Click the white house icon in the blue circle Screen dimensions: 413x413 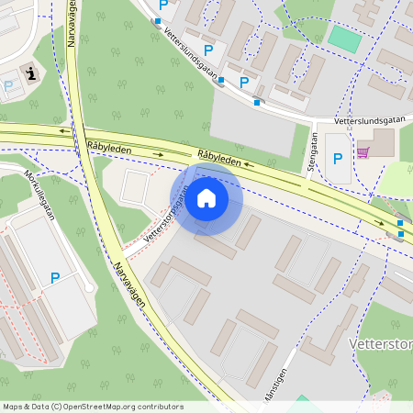coord(206,198)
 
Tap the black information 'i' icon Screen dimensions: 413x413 coord(31,73)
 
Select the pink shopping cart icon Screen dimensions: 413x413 coord(363,152)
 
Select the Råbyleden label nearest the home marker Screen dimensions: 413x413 coord(219,159)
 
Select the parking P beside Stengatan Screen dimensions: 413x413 coord(338,158)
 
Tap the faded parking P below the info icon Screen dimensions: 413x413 coord(9,86)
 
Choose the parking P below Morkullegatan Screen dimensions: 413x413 coord(55,277)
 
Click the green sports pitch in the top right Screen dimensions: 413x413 coord(344,39)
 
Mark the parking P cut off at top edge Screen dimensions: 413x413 coord(163,5)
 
